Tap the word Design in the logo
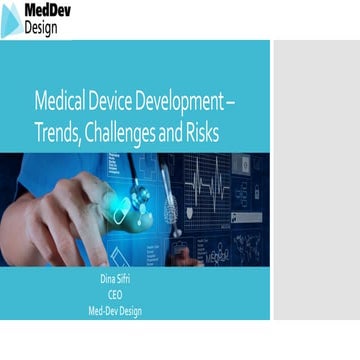[41, 28]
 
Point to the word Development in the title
[191, 102]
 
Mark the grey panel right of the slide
[315, 180]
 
